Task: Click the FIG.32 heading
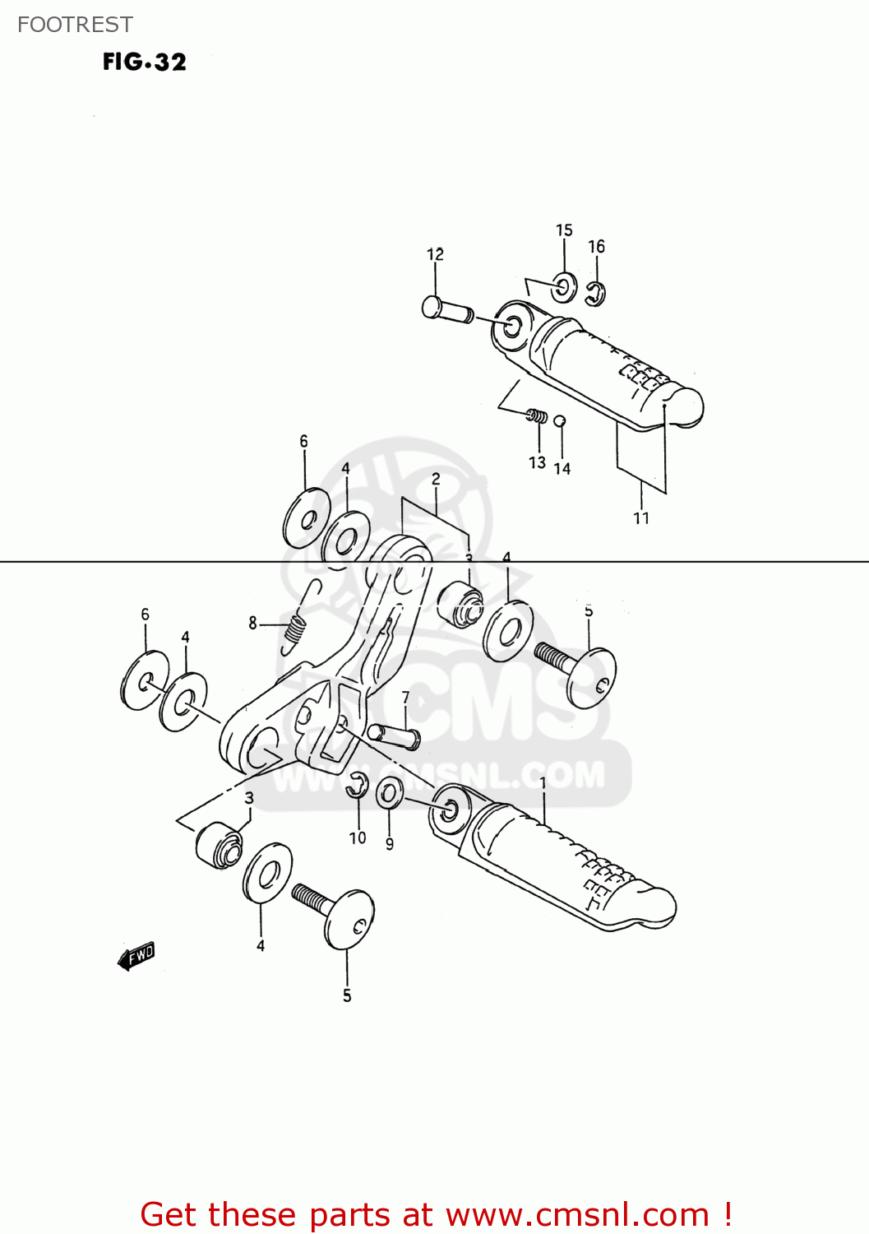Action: [145, 63]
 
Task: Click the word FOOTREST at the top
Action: [75, 25]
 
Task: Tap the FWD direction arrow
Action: [136, 956]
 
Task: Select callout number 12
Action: [435, 254]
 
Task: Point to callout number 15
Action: [564, 230]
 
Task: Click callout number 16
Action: [596, 246]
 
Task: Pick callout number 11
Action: [641, 518]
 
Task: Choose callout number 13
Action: [537, 462]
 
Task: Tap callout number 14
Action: [562, 468]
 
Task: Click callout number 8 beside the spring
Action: [253, 624]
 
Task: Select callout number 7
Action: [405, 698]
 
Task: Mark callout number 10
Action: [358, 837]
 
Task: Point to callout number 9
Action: [390, 843]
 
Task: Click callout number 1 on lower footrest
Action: [543, 782]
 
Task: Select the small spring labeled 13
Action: [537, 416]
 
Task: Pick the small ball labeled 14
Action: [560, 421]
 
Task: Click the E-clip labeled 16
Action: [596, 292]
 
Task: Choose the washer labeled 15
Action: [564, 287]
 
